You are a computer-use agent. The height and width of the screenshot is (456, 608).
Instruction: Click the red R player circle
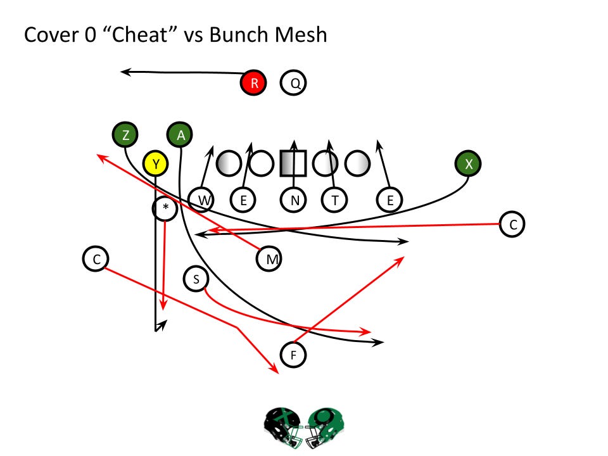253,82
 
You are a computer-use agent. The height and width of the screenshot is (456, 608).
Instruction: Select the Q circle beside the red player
294,82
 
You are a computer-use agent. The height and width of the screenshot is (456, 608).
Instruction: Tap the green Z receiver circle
126,134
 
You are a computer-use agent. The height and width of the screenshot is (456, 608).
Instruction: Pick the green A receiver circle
180,134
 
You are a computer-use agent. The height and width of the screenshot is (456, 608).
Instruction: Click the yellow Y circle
155,164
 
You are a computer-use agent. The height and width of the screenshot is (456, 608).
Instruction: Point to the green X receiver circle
469,163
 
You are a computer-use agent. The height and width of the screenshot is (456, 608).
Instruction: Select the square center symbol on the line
293,163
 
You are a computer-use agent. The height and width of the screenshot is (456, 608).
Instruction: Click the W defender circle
203,200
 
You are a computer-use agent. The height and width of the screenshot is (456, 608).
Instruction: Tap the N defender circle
294,200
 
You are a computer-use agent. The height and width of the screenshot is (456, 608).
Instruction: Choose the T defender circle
334,200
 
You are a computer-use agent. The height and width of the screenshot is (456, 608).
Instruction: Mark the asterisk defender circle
165,208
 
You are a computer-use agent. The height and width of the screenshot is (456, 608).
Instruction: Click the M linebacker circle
270,258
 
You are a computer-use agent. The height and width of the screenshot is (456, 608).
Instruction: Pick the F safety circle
293,354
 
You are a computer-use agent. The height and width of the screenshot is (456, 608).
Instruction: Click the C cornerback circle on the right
512,224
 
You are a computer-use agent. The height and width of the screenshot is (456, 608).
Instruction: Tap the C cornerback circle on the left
96,258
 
